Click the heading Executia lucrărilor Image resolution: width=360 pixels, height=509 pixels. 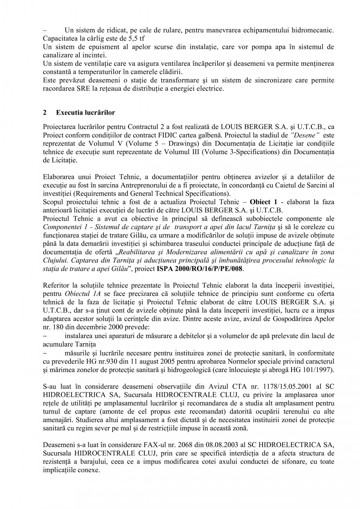85,113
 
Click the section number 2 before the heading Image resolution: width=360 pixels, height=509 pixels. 45,113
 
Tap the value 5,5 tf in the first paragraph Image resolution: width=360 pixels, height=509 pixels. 135,39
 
